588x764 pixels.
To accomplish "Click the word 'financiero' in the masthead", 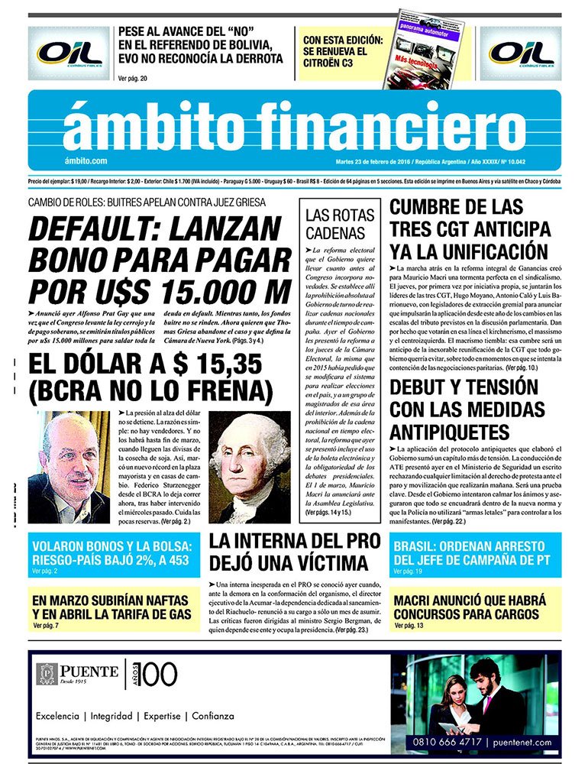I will click(x=381, y=124).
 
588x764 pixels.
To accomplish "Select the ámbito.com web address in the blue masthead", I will click(x=86, y=161).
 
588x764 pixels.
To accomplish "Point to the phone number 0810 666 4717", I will click(x=449, y=741).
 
